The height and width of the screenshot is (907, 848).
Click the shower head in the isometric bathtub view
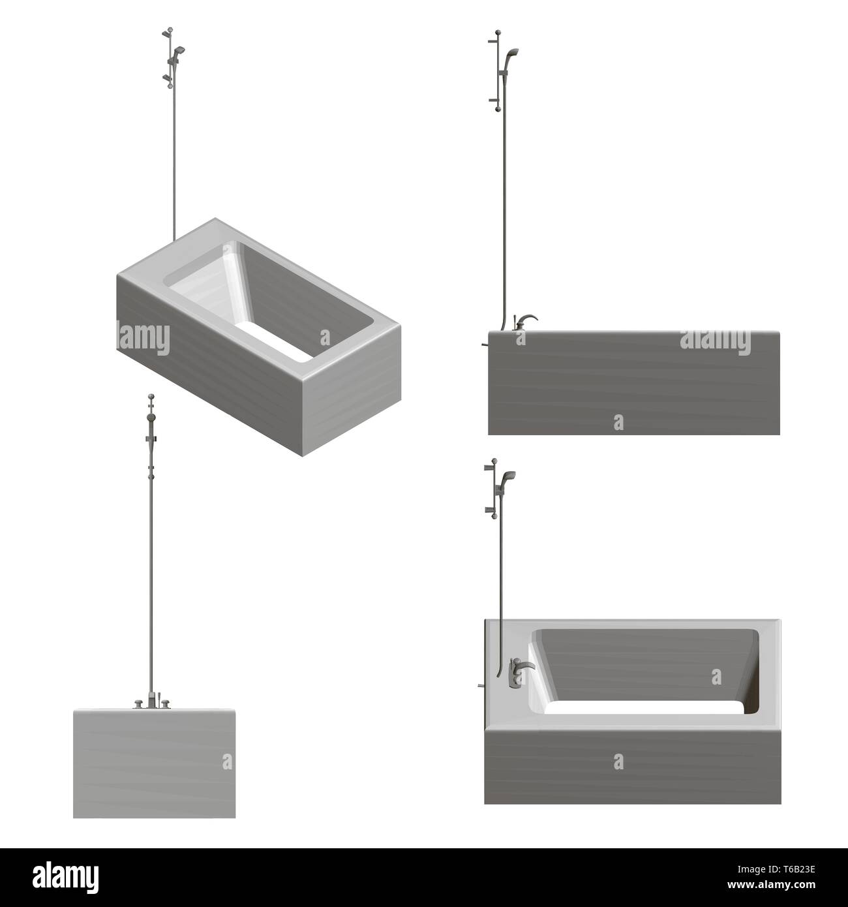click(179, 50)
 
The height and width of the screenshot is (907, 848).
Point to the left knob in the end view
click(138, 703)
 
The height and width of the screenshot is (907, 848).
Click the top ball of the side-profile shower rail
click(498, 31)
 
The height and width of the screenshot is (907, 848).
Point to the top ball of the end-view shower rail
click(151, 396)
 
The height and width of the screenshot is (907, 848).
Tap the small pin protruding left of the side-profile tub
click(483, 341)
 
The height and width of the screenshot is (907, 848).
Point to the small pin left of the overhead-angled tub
click(479, 685)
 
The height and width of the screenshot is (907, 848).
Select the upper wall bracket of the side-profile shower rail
click(491, 41)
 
